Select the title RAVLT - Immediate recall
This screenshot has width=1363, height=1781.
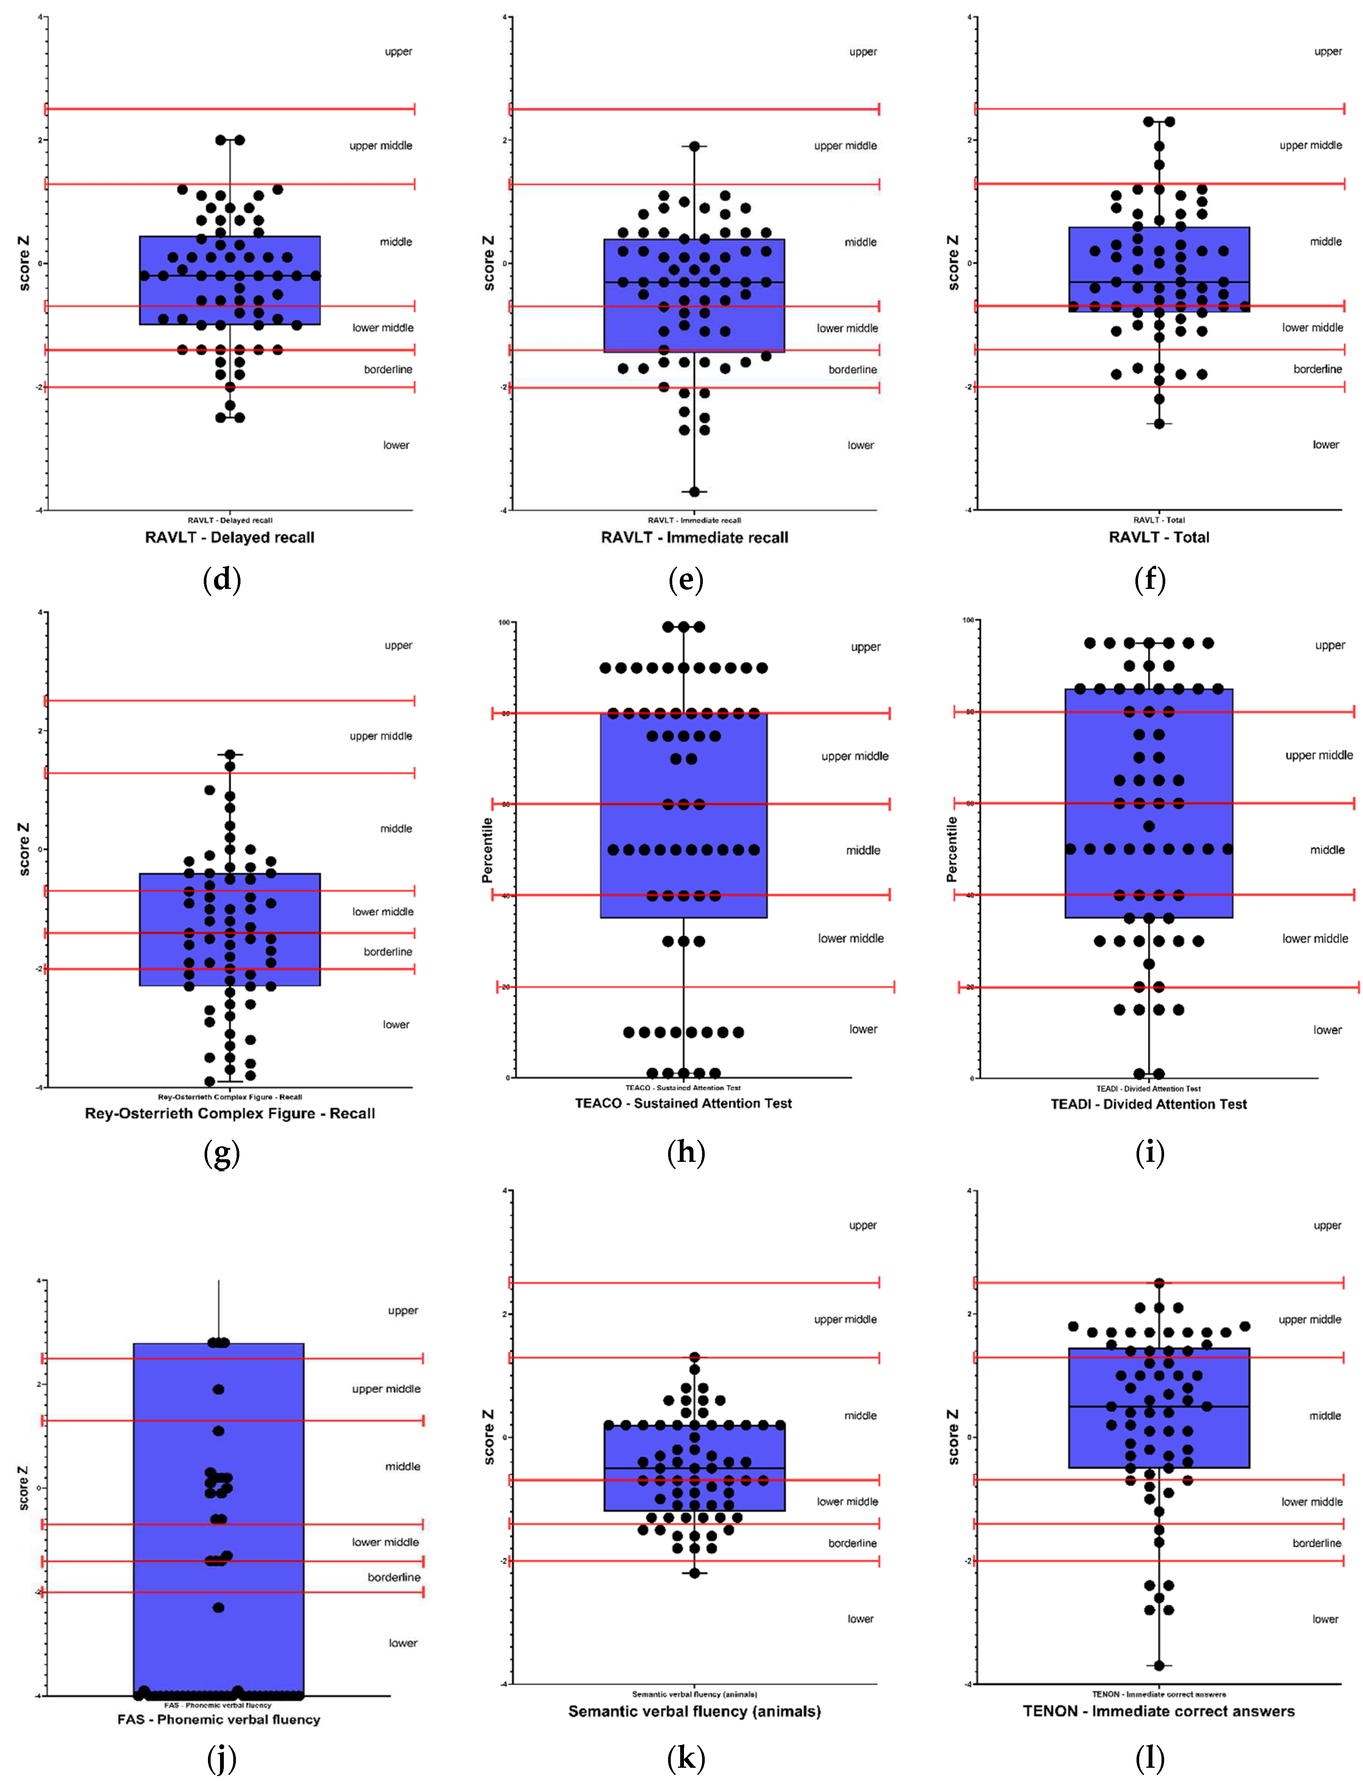click(694, 537)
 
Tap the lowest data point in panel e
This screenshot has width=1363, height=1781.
click(695, 492)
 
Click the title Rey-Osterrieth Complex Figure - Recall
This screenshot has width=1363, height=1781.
click(229, 1113)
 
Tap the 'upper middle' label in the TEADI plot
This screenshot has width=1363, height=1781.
click(1318, 755)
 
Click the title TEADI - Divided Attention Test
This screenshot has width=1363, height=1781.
click(1148, 1104)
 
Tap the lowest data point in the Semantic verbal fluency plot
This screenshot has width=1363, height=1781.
click(695, 1573)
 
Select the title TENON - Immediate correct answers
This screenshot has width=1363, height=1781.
click(1158, 1711)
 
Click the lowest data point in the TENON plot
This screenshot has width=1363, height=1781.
click(1159, 1666)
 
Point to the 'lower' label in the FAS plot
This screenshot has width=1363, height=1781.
click(402, 1643)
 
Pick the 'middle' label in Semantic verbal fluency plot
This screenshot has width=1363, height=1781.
click(860, 1416)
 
